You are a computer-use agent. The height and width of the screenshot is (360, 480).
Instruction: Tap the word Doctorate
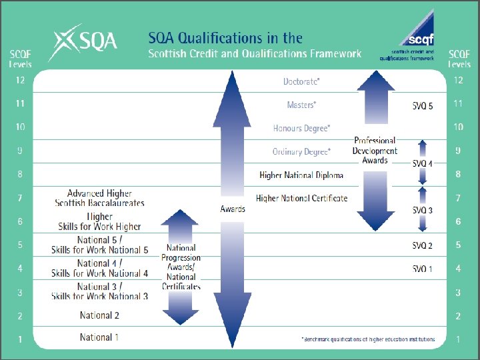click(x=301, y=82)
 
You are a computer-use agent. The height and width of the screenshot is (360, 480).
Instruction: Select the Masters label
click(x=301, y=105)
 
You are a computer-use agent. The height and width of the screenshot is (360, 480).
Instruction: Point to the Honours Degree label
click(x=301, y=128)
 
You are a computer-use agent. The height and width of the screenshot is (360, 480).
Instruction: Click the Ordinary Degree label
click(x=301, y=152)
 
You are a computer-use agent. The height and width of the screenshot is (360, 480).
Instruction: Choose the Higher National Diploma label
click(x=301, y=175)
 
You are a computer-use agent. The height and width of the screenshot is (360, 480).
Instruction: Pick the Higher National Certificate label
click(x=301, y=198)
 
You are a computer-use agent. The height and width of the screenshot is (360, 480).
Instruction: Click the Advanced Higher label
click(x=99, y=194)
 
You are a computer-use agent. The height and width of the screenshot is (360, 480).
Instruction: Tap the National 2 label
click(x=99, y=315)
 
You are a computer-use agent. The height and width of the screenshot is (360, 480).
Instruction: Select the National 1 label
click(x=99, y=337)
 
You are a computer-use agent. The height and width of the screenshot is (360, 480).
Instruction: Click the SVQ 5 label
click(x=422, y=106)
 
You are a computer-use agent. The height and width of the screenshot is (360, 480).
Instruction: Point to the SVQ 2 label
click(x=422, y=246)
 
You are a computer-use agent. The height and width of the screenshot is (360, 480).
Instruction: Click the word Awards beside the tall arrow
click(x=233, y=209)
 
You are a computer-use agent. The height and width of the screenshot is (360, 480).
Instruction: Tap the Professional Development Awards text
click(x=375, y=151)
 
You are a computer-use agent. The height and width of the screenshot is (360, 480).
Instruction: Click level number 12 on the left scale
click(x=20, y=81)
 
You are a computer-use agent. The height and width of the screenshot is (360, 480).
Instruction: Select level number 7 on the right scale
click(x=458, y=199)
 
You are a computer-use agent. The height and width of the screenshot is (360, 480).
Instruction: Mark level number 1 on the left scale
click(x=20, y=339)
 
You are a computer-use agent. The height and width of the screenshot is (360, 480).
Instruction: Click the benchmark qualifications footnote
click(x=367, y=339)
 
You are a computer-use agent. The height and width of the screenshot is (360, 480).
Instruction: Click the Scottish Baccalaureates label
click(x=99, y=203)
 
